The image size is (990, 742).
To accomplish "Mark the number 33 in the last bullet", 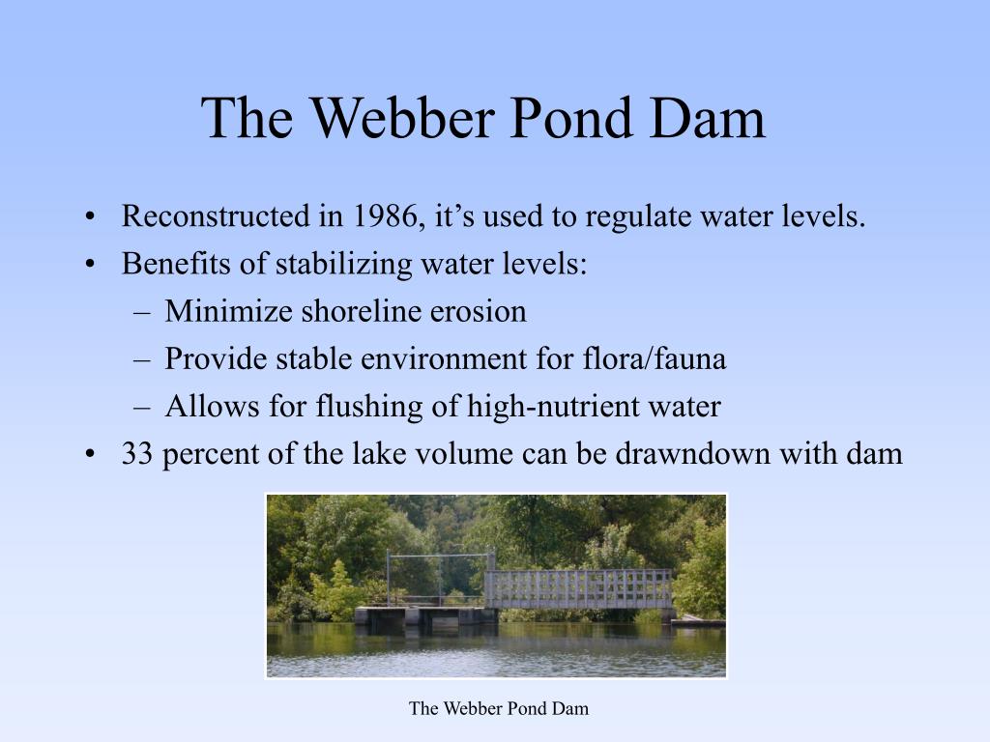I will click(x=138, y=453).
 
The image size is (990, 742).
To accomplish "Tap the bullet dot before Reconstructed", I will click(x=90, y=217).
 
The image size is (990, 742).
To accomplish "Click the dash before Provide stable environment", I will click(x=141, y=359).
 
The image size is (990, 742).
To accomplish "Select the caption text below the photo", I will click(x=498, y=708).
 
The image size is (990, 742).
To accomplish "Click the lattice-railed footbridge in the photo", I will click(x=578, y=588).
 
